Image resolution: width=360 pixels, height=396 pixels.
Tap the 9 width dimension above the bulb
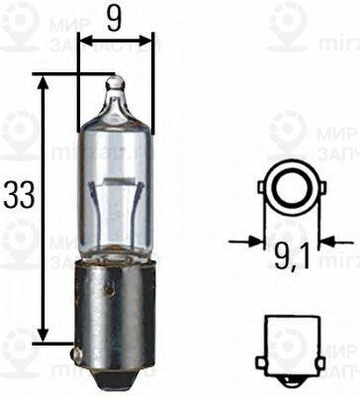coord(116,17)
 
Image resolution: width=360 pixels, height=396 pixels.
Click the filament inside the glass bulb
coord(115,187)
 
